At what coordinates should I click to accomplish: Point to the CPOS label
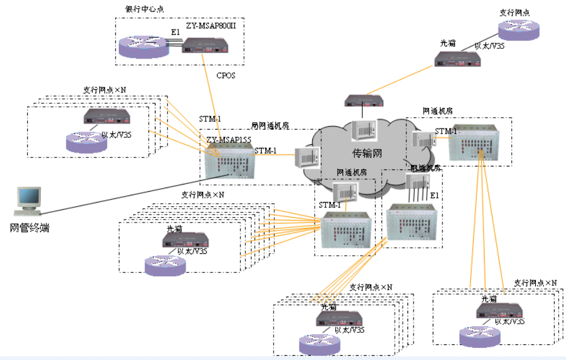click(227, 77)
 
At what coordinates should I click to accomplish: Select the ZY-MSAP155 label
click(228, 140)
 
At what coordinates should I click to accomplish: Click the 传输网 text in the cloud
click(367, 153)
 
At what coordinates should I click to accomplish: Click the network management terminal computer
click(28, 201)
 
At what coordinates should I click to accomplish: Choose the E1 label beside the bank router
click(175, 32)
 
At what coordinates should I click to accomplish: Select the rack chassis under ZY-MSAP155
click(228, 162)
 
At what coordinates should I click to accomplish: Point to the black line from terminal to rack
click(133, 193)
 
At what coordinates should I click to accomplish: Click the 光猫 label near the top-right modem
click(448, 43)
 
